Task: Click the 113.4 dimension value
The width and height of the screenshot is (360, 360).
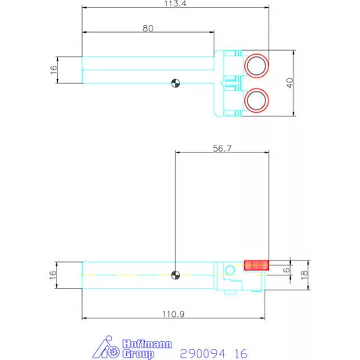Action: pyautogui.click(x=175, y=4)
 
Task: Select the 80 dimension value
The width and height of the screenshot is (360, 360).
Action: pyautogui.click(x=148, y=28)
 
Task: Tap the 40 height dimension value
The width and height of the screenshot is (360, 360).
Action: pyautogui.click(x=290, y=83)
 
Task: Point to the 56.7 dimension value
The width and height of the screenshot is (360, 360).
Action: pyautogui.click(x=222, y=149)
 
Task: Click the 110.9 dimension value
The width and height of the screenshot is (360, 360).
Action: pyautogui.click(x=174, y=314)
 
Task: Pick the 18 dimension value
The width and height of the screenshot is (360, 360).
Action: pyautogui.click(x=304, y=275)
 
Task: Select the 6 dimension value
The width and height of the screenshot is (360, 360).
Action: pyautogui.click(x=286, y=270)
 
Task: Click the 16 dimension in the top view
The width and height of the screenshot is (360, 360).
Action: pyautogui.click(x=53, y=70)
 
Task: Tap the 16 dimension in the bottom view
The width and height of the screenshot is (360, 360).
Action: pyautogui.click(x=53, y=275)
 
